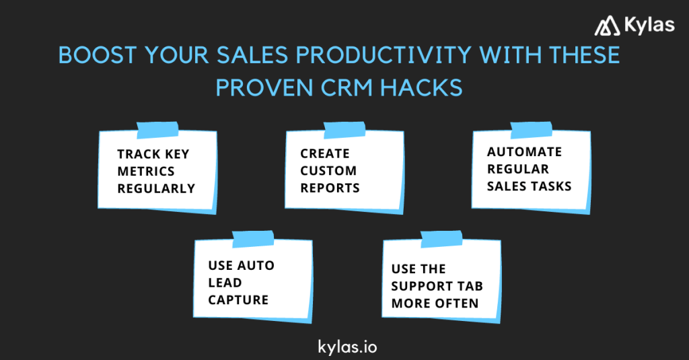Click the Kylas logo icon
(x=607, y=26)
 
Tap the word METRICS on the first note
(x=146, y=171)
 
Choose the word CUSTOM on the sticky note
(x=328, y=171)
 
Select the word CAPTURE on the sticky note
(x=238, y=300)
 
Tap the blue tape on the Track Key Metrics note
(x=157, y=129)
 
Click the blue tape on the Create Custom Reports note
(x=344, y=129)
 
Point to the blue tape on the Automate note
(x=531, y=129)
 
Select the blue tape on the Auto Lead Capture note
(x=252, y=238)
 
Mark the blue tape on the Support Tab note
(x=441, y=238)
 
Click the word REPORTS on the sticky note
(x=330, y=188)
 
